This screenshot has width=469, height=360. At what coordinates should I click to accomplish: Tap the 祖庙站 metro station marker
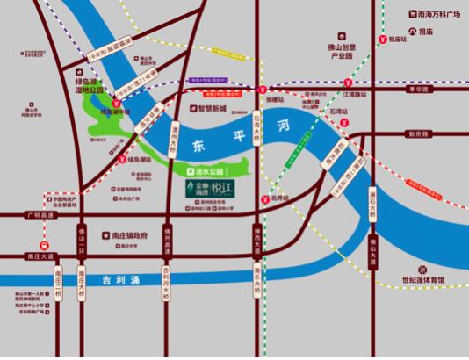(x=385, y=39)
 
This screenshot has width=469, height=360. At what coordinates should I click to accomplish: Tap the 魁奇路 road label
(x=419, y=134)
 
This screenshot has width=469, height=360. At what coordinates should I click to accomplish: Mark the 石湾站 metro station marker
(x=347, y=122)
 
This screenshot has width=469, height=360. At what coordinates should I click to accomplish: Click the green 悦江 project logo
(x=211, y=188)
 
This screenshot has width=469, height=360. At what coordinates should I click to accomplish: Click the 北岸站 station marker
(x=265, y=199)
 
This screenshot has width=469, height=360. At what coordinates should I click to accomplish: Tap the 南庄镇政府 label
(x=133, y=237)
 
